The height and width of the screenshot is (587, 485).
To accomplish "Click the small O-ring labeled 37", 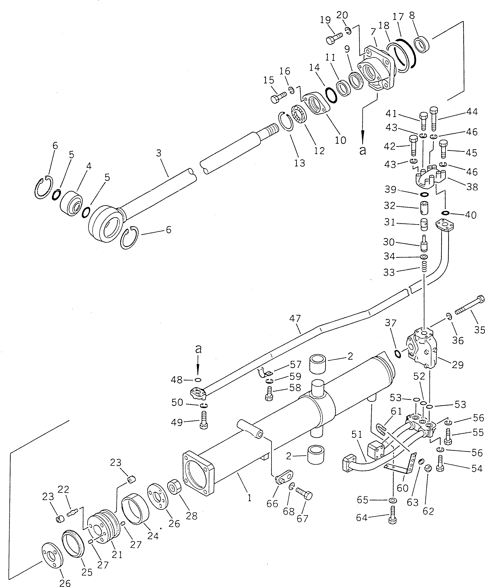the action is click(x=398, y=354).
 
